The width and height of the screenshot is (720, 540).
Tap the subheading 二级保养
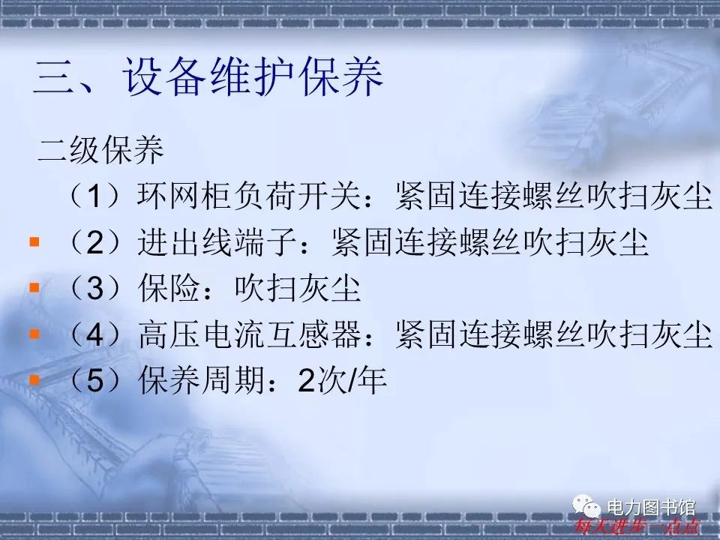click(x=100, y=151)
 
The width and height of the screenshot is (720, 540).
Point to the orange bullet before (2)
click(x=34, y=242)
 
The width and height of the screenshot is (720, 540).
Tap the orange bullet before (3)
click(x=34, y=287)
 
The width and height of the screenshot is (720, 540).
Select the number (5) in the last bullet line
click(x=97, y=382)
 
